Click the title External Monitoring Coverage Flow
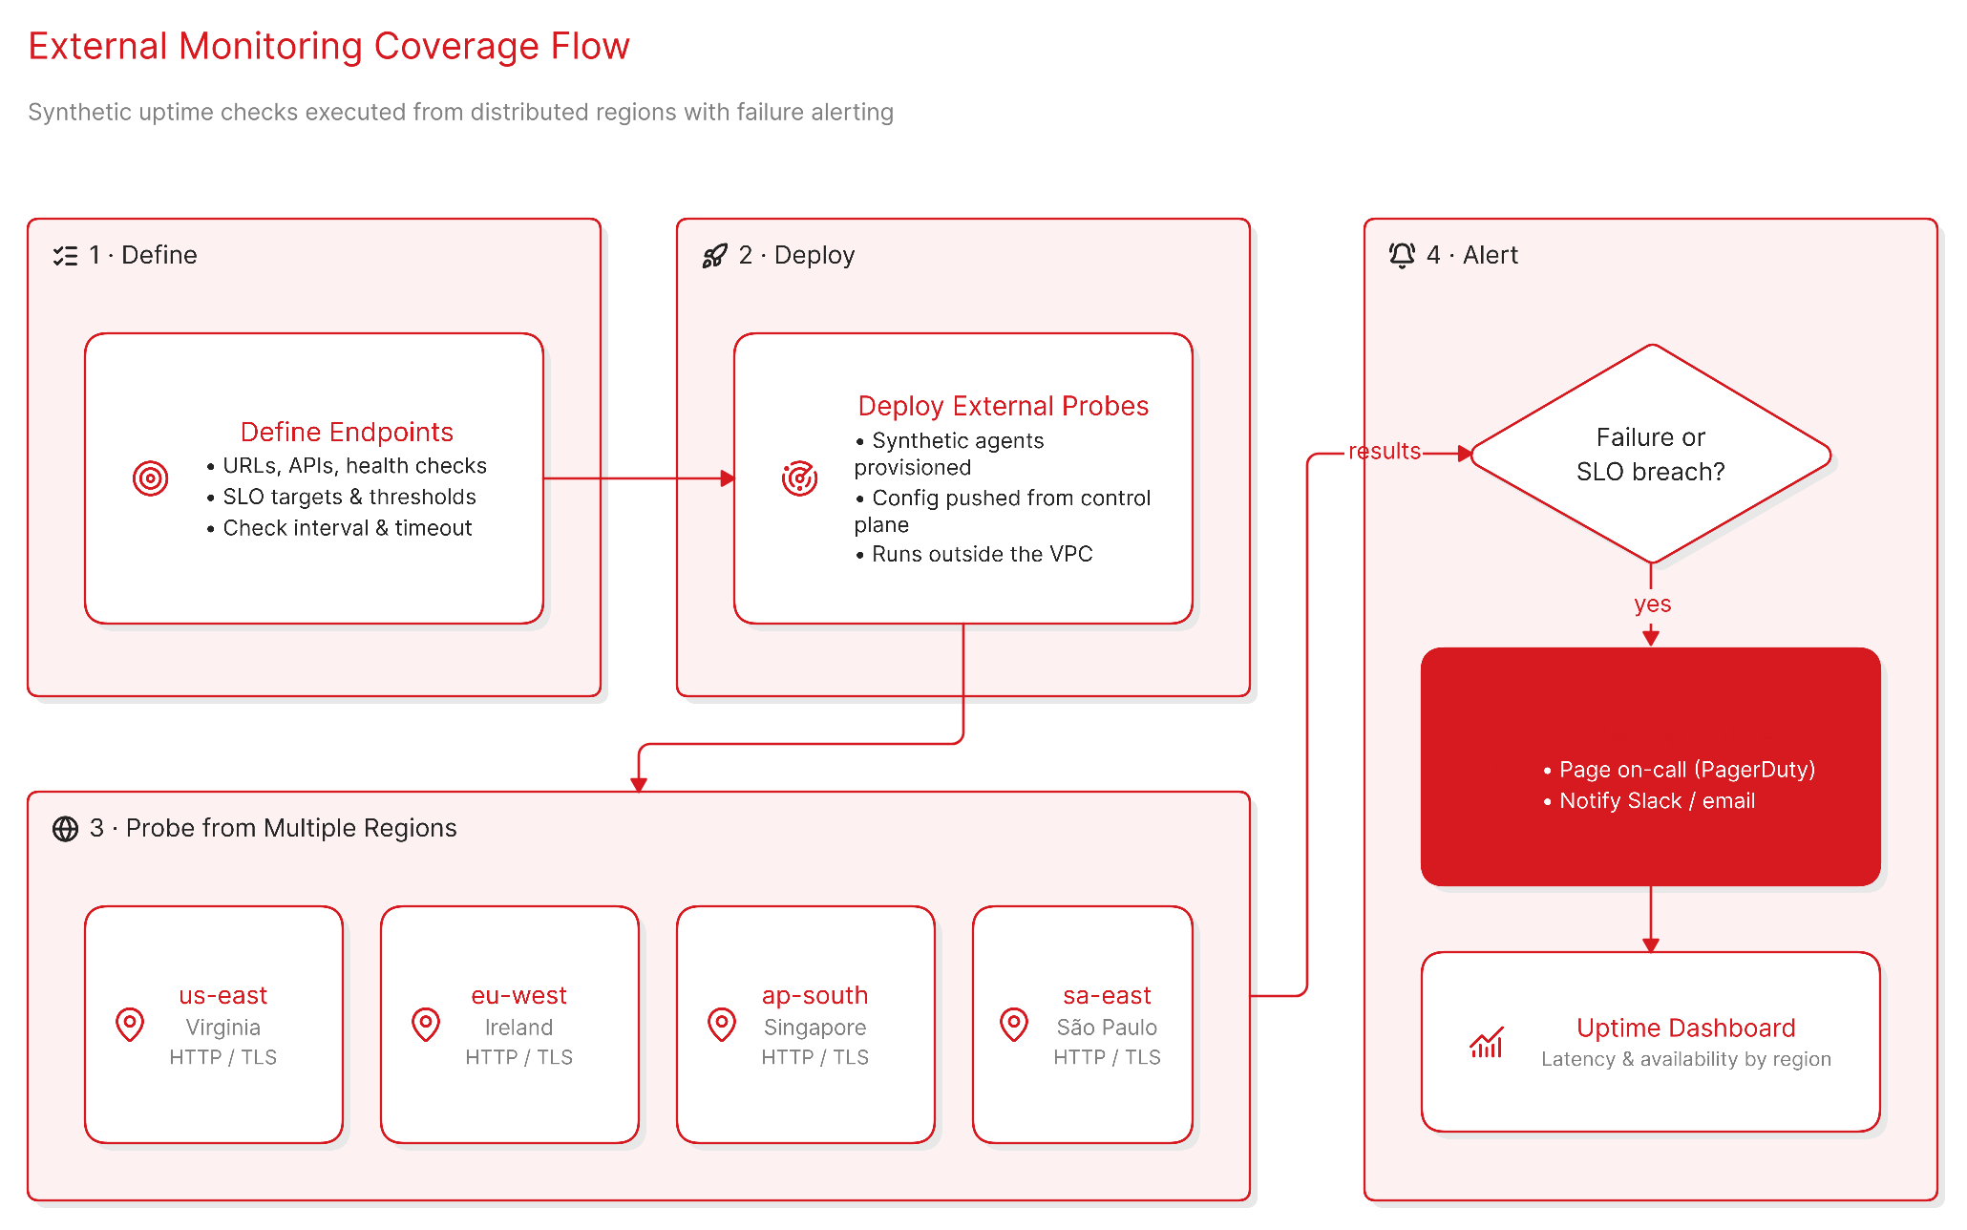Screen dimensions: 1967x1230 328,46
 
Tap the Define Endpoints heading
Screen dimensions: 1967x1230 347,432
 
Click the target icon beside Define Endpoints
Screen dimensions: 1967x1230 150,478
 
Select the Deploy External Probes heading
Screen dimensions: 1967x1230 1003,406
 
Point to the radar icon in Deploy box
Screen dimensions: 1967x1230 799,478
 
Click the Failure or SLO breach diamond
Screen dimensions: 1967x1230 1650,455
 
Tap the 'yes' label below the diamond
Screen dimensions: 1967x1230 1652,604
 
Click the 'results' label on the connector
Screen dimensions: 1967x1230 1385,451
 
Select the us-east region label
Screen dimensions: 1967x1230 222,995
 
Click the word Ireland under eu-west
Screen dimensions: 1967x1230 518,1028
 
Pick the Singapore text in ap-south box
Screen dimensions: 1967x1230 814,1028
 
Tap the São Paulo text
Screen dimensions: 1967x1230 1107,1028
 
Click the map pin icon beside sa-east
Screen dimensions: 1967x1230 1014,1025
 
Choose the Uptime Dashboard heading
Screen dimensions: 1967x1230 1685,1028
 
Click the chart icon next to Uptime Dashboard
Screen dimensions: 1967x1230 1487,1042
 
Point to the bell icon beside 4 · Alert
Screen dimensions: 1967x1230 1402,255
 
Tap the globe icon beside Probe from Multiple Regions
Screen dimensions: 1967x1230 65,829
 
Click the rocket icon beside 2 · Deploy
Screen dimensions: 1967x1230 715,255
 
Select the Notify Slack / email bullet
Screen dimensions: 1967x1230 1649,801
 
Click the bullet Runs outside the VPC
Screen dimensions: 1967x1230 974,554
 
